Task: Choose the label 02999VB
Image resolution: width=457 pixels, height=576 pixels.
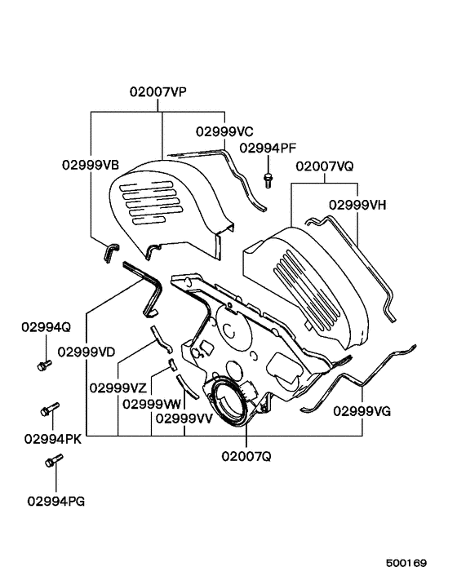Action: (x=91, y=164)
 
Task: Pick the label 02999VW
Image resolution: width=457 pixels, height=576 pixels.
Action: (x=153, y=402)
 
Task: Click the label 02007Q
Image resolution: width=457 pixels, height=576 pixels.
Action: (x=246, y=456)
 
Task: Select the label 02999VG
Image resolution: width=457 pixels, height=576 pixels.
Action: (x=361, y=412)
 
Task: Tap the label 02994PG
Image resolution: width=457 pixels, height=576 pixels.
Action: (x=55, y=500)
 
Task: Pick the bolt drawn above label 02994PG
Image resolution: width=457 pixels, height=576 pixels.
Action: (x=51, y=463)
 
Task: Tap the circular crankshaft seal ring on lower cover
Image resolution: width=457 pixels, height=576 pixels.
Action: (x=228, y=401)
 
